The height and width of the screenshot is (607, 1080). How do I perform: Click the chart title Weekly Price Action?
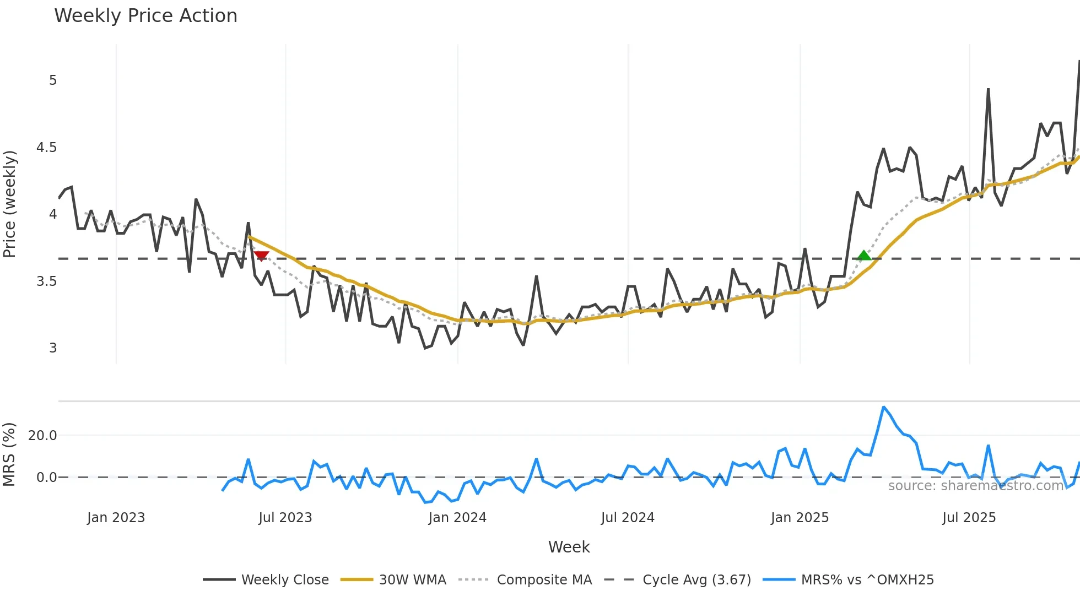coord(145,16)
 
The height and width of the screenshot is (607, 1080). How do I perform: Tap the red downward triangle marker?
coord(261,256)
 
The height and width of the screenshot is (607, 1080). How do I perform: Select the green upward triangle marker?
coord(865,256)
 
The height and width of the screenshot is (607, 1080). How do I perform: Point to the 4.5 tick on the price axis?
coord(46,148)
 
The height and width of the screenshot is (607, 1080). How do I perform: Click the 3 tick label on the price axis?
coord(53,348)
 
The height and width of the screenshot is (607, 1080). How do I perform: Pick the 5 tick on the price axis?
coord(53,80)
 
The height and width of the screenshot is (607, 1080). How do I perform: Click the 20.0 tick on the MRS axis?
coord(42,436)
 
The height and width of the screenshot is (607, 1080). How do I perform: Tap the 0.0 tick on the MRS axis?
coord(46,478)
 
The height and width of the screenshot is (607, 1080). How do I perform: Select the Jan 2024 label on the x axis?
coord(457,518)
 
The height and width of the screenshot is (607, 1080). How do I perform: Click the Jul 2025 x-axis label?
coord(969,518)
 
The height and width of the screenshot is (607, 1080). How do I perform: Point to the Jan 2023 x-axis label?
coord(116,518)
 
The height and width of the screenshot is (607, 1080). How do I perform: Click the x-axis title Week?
coord(569,547)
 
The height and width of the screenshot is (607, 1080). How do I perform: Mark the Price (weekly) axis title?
coord(10,204)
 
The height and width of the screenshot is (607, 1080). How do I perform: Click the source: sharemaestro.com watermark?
coord(975,486)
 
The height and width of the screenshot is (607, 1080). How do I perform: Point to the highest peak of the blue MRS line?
coord(883,407)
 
